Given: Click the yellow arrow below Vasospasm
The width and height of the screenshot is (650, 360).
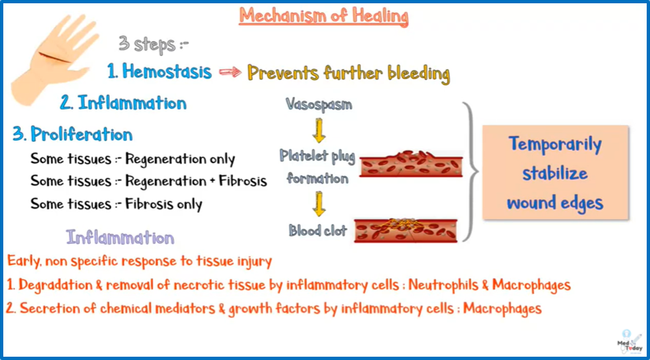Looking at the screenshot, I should pyautogui.click(x=319, y=130).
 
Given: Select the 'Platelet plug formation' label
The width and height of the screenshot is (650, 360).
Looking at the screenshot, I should pyautogui.click(x=313, y=166).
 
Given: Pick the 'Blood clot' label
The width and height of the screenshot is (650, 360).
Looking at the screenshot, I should pyautogui.click(x=316, y=231).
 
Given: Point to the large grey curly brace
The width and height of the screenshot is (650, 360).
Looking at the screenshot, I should pyautogui.click(x=467, y=171).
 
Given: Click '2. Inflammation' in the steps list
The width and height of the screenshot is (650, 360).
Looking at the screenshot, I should pyautogui.click(x=123, y=103).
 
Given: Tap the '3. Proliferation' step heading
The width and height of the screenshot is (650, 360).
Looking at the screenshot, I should pyautogui.click(x=73, y=133).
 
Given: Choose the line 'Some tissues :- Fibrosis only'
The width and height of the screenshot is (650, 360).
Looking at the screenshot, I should pyautogui.click(x=116, y=203).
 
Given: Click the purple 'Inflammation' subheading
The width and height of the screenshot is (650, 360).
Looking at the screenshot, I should pyautogui.click(x=120, y=238).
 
